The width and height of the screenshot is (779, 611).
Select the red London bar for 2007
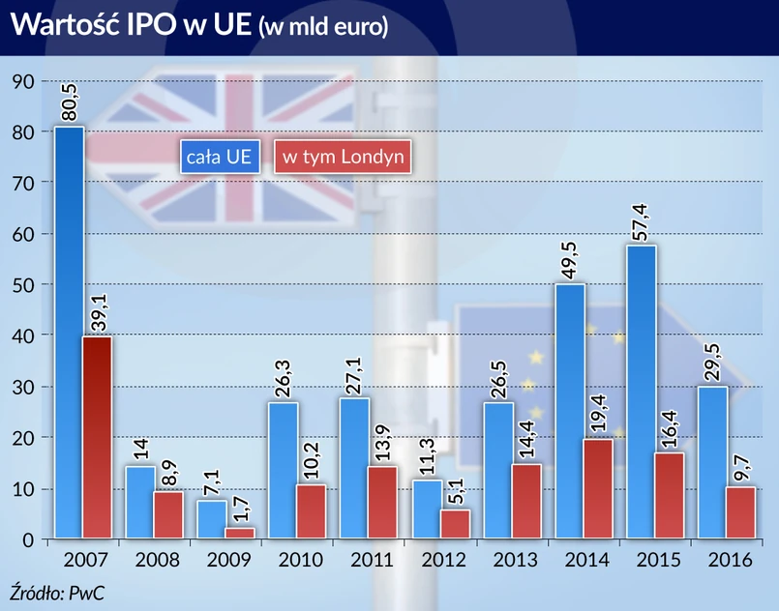point(97,436)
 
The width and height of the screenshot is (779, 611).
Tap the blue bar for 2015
point(641,392)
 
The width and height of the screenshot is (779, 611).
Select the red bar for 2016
point(740,512)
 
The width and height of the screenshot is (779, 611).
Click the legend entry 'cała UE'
point(220,156)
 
